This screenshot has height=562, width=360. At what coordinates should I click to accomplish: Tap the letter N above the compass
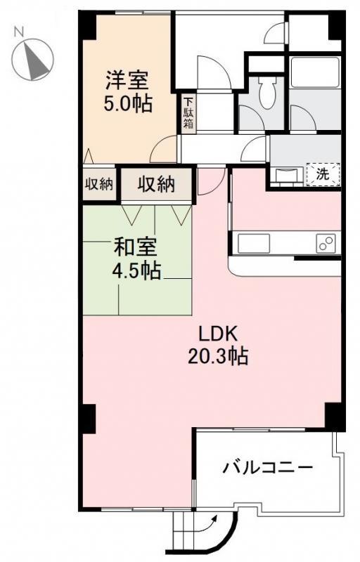pos(19,32)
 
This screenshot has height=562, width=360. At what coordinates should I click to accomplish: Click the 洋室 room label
pos(127,80)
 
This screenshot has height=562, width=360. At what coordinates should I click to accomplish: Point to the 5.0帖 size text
pos(128,103)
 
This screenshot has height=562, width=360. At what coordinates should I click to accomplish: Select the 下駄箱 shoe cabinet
pos(188,113)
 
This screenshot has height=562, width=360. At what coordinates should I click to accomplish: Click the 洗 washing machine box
pos(323,174)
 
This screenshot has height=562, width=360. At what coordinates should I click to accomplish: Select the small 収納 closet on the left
pos(98,184)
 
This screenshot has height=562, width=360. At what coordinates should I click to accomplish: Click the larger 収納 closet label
pos(156,185)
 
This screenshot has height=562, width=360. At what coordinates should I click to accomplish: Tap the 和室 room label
pos(135,247)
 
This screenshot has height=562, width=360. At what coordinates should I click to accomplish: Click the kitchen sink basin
pos(254,244)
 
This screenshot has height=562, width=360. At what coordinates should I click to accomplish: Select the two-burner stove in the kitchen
pos(326,244)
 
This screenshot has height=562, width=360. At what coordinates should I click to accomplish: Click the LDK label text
pos(218,335)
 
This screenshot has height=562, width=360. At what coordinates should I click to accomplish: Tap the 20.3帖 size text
pos(218,357)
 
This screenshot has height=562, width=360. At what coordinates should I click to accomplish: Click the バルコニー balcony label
pos(268,467)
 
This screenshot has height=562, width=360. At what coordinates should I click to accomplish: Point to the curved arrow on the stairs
pos(210,522)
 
